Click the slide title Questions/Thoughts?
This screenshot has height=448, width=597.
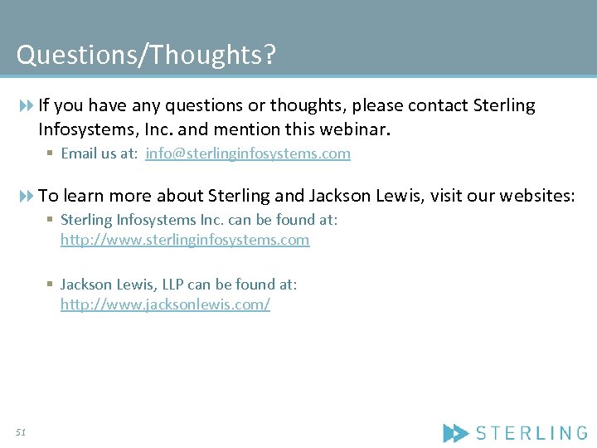coord(146,56)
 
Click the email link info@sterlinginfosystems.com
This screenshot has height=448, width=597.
coord(248,153)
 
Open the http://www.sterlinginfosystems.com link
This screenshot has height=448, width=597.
coord(185,240)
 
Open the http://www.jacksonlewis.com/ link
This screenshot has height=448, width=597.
coord(165,304)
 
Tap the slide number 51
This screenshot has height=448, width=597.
coord(21,432)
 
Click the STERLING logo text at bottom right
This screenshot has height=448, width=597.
coord(531,432)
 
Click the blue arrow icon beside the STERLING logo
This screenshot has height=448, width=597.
coord(456,432)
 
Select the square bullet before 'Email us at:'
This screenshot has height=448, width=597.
coord(51,153)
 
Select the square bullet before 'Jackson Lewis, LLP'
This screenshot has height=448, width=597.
coord(51,285)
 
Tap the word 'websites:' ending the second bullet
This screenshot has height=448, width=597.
coord(539,196)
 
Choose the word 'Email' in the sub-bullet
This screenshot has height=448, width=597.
coord(79,153)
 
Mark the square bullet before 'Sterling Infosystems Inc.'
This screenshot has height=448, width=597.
coord(51,220)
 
